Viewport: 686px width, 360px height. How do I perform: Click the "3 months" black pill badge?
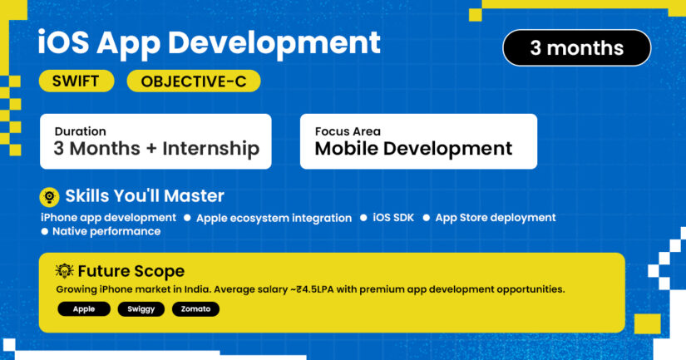click(x=576, y=47)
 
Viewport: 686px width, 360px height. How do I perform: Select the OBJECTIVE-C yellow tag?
click(x=194, y=81)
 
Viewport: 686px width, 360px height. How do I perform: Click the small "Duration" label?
click(x=80, y=131)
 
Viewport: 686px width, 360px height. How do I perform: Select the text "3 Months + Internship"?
click(x=156, y=149)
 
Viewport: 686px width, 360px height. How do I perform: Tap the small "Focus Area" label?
click(x=348, y=131)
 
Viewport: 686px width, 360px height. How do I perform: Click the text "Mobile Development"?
click(x=413, y=149)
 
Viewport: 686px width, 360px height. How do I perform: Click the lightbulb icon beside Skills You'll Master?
click(x=49, y=197)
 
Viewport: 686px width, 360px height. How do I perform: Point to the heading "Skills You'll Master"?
click(x=145, y=197)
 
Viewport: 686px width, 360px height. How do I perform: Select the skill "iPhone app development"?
click(x=108, y=218)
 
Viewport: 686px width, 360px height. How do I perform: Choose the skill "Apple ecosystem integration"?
click(x=274, y=218)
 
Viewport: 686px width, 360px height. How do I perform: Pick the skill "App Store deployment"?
click(x=496, y=218)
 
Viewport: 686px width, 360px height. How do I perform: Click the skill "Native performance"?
click(x=106, y=231)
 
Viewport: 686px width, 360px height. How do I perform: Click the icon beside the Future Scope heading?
click(x=64, y=271)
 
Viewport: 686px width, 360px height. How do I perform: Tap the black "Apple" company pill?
click(x=84, y=309)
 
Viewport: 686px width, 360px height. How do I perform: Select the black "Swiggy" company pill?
click(x=141, y=309)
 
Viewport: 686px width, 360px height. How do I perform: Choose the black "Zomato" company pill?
click(x=196, y=309)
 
